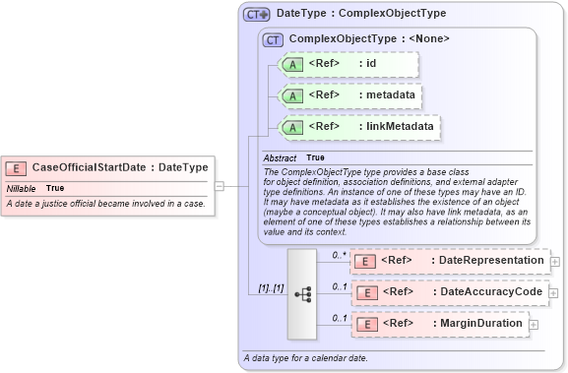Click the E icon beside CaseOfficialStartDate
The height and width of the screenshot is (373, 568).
pyautogui.click(x=18, y=167)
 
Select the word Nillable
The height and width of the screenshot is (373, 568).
pyautogui.click(x=22, y=188)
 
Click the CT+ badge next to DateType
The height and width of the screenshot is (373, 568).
pyautogui.click(x=257, y=15)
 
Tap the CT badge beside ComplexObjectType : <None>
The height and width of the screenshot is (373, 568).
pyautogui.click(x=273, y=39)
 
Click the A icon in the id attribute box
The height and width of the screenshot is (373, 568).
pyautogui.click(x=292, y=65)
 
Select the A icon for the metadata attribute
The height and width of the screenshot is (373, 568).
pyautogui.click(x=292, y=95)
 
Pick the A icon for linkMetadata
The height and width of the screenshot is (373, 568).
pyautogui.click(x=292, y=127)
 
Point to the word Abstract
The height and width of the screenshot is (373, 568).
pyautogui.click(x=280, y=157)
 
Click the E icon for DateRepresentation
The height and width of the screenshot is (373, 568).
pyautogui.click(x=364, y=261)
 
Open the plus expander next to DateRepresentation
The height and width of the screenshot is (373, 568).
pyautogui.click(x=555, y=262)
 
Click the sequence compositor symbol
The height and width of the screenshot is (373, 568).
pyautogui.click(x=302, y=292)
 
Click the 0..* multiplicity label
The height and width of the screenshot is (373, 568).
pyautogui.click(x=338, y=255)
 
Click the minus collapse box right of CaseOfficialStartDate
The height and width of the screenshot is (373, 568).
pyautogui.click(x=219, y=184)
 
